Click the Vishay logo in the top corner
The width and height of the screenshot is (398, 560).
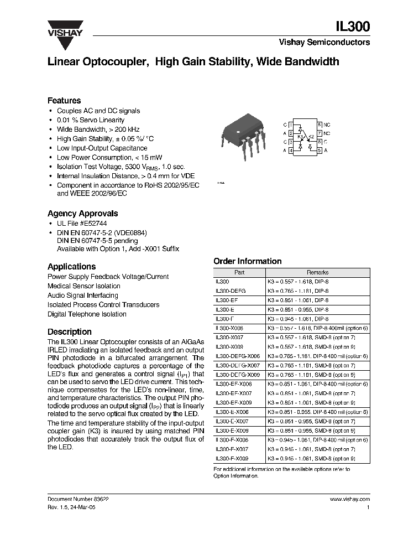click(x=65, y=28)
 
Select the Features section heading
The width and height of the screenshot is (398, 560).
click(x=64, y=101)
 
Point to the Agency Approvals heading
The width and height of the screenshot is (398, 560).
click(x=82, y=213)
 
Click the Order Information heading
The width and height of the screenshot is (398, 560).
click(x=247, y=261)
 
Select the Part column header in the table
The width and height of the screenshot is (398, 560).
click(x=239, y=272)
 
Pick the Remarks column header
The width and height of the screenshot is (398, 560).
click(x=318, y=272)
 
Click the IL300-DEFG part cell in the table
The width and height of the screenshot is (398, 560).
click(x=231, y=291)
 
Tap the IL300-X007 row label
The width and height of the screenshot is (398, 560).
click(x=228, y=338)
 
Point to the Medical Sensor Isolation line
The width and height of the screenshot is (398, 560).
click(x=84, y=286)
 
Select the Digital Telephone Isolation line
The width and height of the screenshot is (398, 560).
click(x=87, y=314)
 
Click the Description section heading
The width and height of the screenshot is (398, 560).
click(x=70, y=332)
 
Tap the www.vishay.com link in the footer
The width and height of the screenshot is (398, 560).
click(x=349, y=499)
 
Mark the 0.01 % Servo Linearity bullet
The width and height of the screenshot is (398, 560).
click(x=90, y=120)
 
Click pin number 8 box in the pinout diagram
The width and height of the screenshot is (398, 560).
click(x=320, y=125)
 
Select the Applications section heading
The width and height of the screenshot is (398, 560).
click(x=72, y=266)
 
